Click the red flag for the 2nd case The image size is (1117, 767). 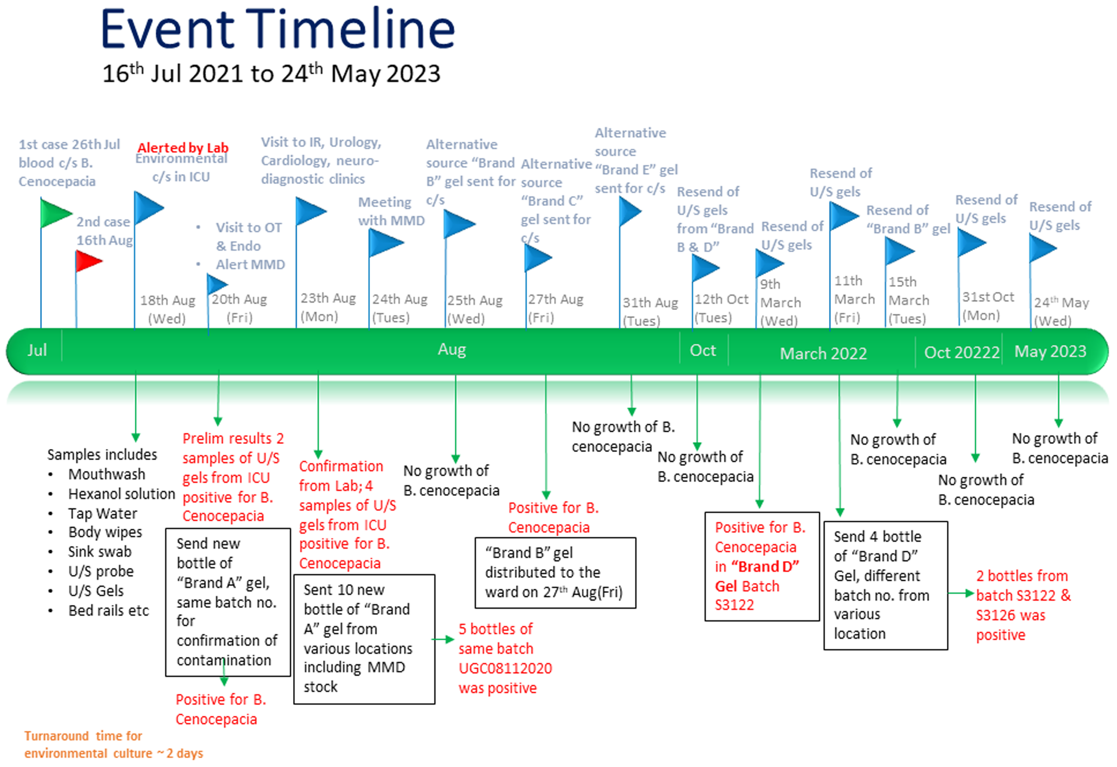(x=89, y=261)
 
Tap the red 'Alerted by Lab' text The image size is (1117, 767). (x=183, y=148)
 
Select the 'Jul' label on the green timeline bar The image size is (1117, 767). (x=37, y=350)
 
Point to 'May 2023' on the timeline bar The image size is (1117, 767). (x=1050, y=351)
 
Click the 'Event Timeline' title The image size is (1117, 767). (x=278, y=29)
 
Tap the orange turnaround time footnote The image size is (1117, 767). (x=113, y=744)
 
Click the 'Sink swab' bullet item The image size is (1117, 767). (x=99, y=552)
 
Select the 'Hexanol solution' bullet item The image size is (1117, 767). (x=121, y=493)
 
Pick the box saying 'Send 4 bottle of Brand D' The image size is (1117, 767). (x=886, y=585)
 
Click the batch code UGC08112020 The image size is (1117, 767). (x=505, y=668)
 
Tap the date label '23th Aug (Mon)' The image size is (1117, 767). (x=328, y=307)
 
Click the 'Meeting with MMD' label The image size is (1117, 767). (x=391, y=211)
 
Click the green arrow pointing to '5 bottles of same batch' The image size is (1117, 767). (x=443, y=639)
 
